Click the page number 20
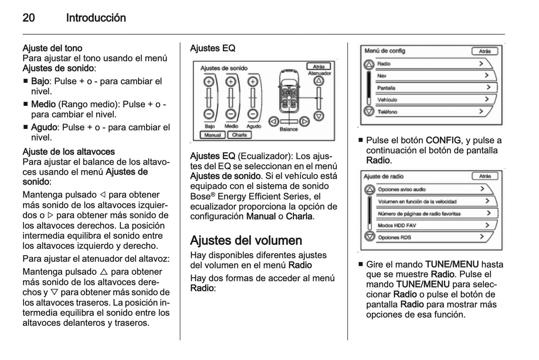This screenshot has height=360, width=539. (x=29, y=18)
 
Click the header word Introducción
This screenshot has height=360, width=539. (x=96, y=18)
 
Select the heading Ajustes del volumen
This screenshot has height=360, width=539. (x=246, y=240)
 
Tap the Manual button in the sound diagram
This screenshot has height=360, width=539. (x=213, y=135)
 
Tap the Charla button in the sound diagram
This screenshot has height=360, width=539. (x=239, y=135)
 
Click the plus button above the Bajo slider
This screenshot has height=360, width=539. (x=209, y=81)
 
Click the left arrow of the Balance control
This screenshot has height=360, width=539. (x=274, y=121)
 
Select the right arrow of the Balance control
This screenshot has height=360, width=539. (x=304, y=121)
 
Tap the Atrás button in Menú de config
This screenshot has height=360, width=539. (x=485, y=51)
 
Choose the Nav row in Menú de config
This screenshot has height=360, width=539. (x=433, y=76)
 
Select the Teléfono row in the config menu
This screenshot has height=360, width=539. (x=433, y=111)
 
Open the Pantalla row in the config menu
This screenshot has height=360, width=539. (x=433, y=88)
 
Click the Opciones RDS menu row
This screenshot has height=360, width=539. (x=433, y=237)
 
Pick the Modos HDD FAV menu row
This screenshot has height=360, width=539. (x=433, y=225)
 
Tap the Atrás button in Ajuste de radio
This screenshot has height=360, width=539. (x=485, y=176)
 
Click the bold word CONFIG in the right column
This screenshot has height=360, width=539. (x=443, y=140)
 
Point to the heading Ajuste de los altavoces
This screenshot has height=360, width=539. (x=69, y=152)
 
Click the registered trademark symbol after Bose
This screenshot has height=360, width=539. (x=213, y=194)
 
